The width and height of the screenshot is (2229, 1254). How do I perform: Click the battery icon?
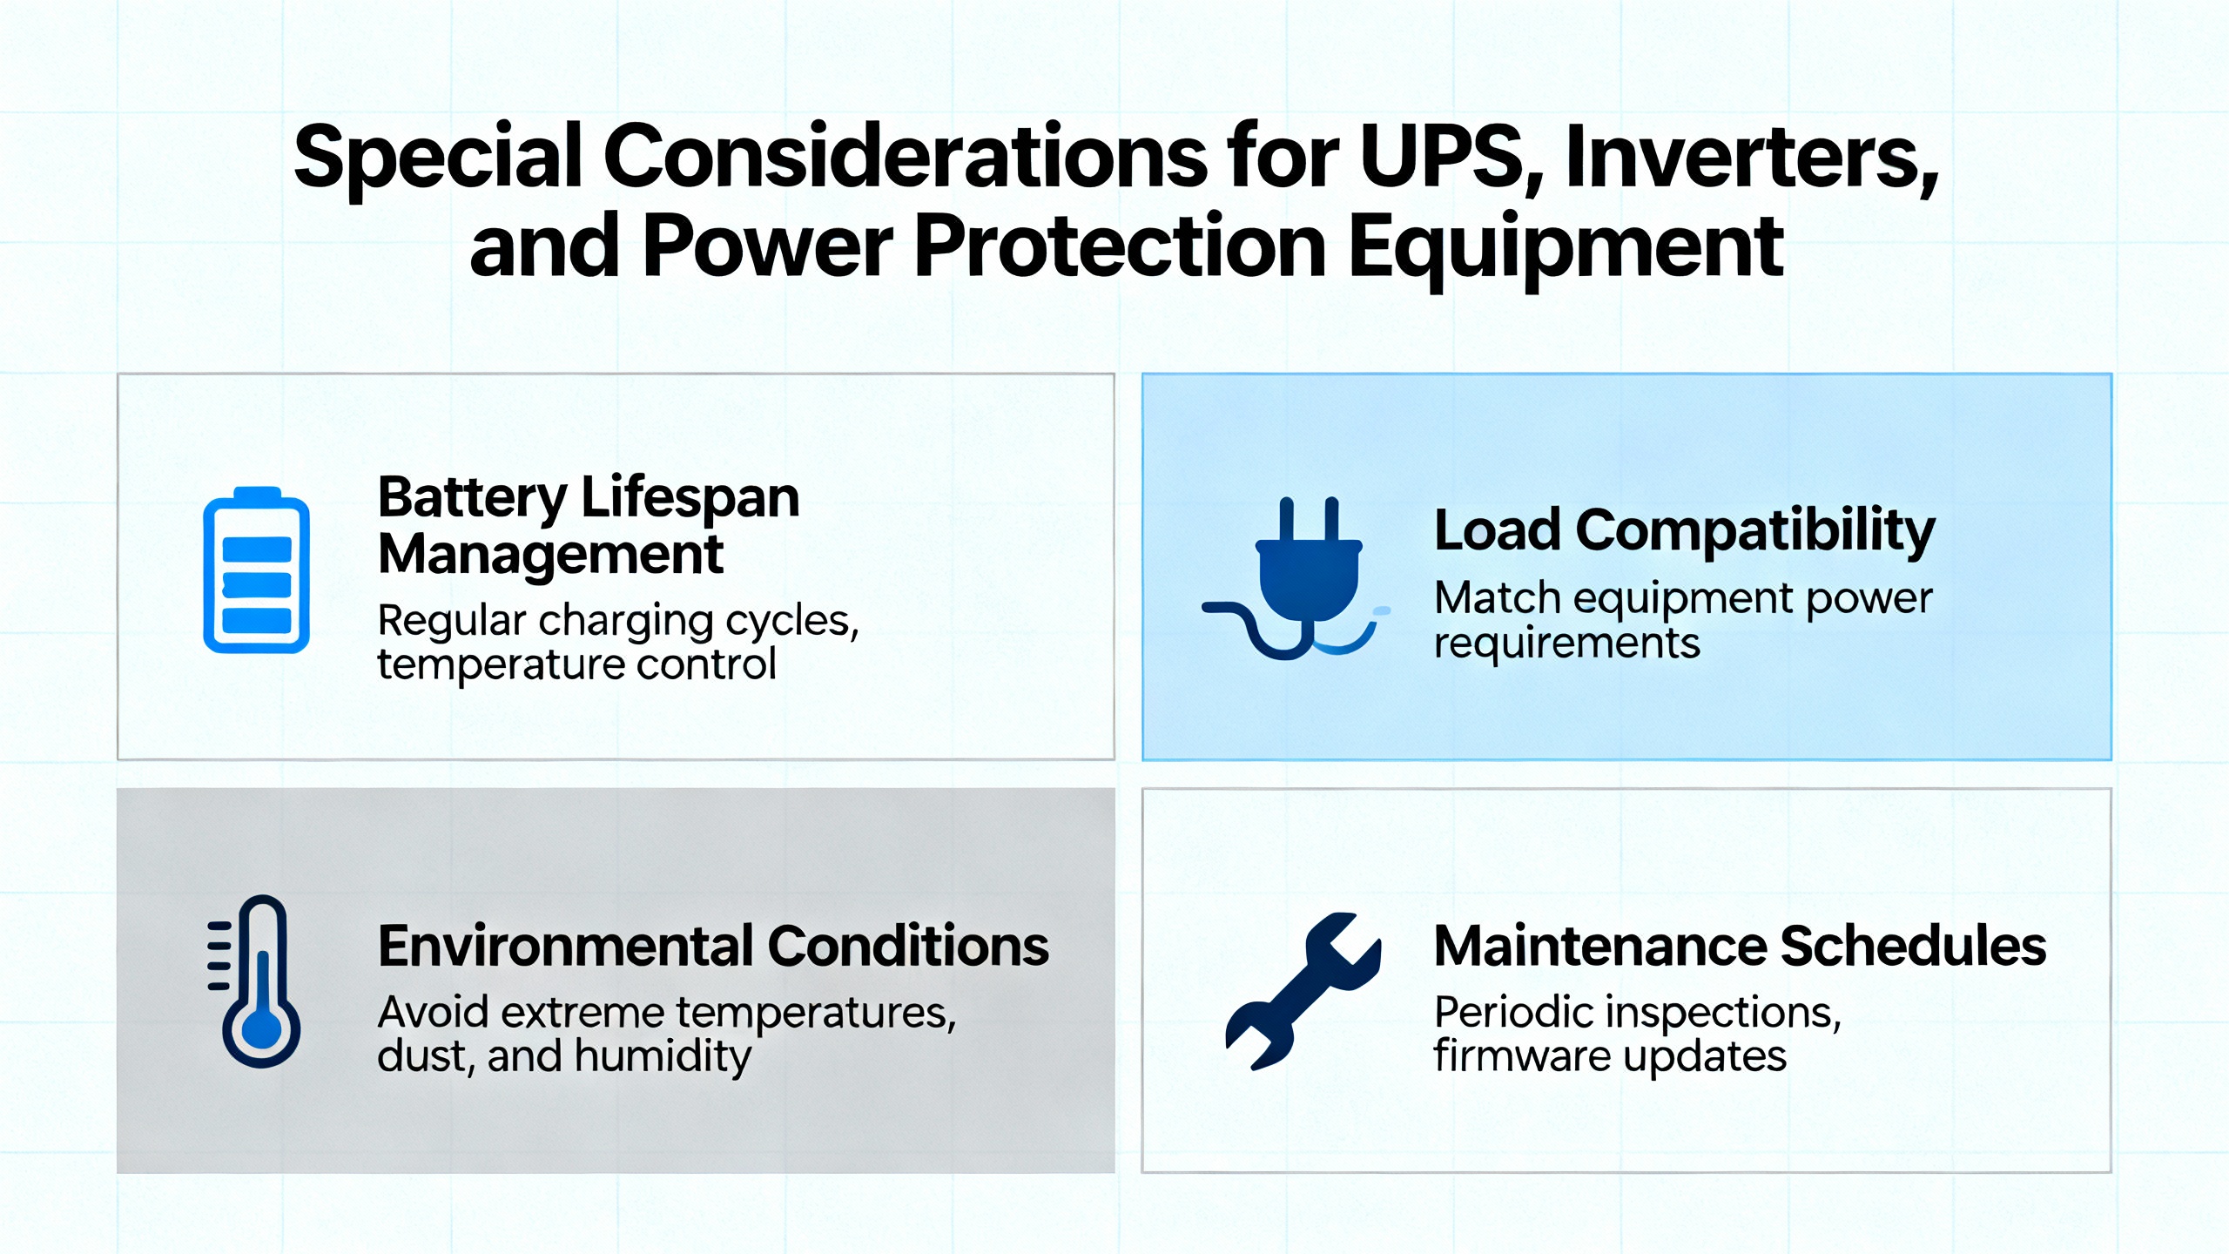[256, 570]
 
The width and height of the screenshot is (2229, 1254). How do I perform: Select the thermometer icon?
[254, 981]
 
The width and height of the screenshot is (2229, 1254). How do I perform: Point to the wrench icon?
[1303, 991]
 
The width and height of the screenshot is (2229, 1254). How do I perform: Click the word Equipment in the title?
[1566, 247]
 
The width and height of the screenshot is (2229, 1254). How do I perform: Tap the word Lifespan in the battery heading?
[690, 499]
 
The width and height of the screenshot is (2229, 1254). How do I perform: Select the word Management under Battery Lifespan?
[550, 555]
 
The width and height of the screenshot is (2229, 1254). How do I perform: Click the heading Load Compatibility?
[1684, 530]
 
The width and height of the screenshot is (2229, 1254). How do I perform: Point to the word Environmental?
[566, 946]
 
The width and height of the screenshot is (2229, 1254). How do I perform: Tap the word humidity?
[663, 1057]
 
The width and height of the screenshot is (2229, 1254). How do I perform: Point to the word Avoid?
[433, 1012]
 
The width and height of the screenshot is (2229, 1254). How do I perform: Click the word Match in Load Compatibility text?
[1498, 598]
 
